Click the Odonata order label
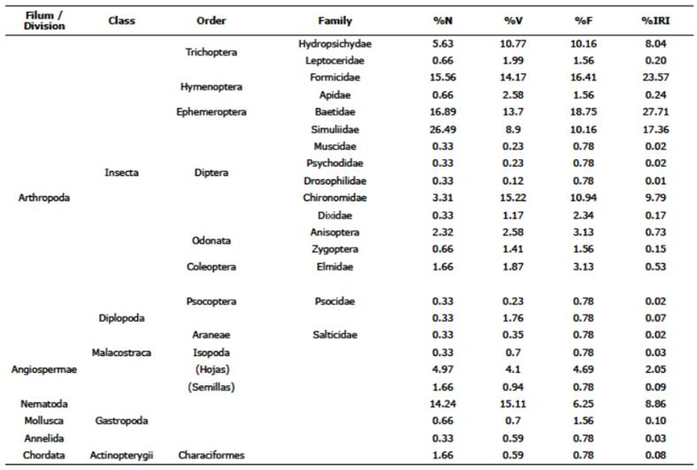point(211,240)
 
